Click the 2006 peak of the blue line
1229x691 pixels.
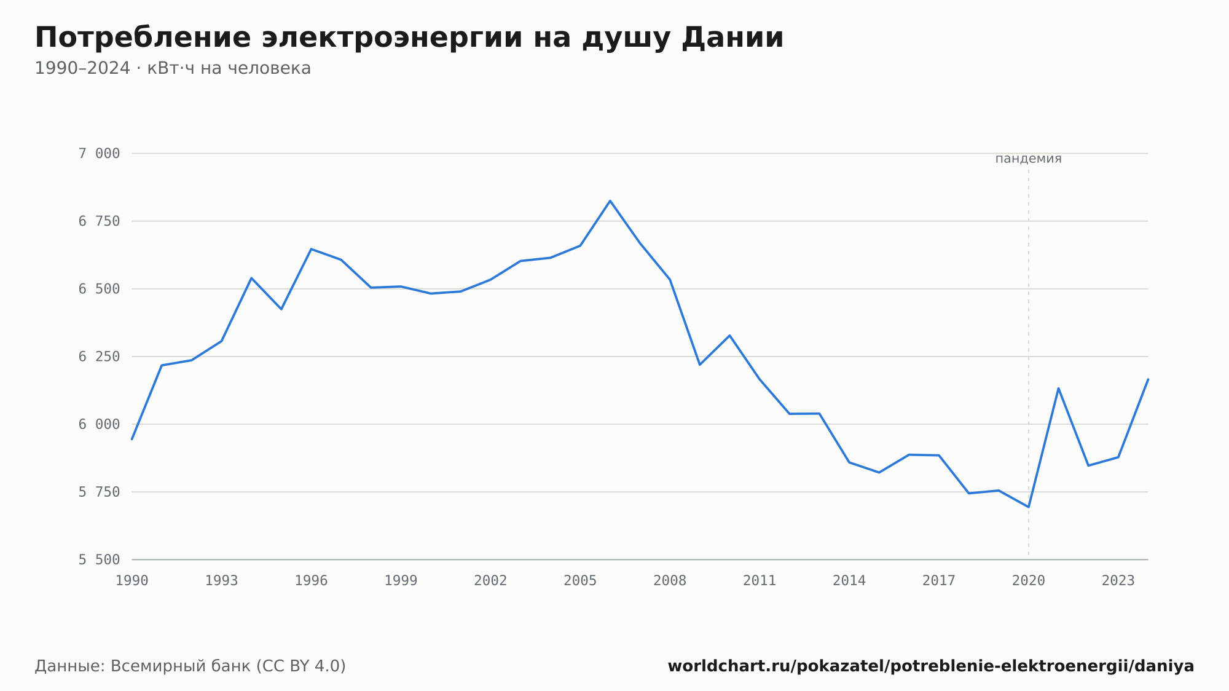[610, 201]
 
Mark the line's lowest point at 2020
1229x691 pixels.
[1029, 507]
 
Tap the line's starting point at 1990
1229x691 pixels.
[132, 439]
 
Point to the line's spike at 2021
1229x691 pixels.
[1058, 388]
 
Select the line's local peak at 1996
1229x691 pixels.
[311, 249]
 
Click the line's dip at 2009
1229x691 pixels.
[699, 365]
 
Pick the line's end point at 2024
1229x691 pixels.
[1148, 379]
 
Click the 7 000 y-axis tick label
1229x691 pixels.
[99, 154]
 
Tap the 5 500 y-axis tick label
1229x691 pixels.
[99, 560]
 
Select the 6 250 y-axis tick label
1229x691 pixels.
[99, 357]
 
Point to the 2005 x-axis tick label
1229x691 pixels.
[580, 581]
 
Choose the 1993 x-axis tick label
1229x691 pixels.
[221, 581]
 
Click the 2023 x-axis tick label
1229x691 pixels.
[1118, 581]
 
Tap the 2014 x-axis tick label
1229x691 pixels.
[849, 581]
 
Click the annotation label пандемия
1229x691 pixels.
[1028, 159]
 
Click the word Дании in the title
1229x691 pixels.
[732, 38]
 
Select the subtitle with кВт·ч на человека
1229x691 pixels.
[173, 68]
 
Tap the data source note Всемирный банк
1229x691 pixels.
[190, 666]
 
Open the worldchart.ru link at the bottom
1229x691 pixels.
[931, 666]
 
